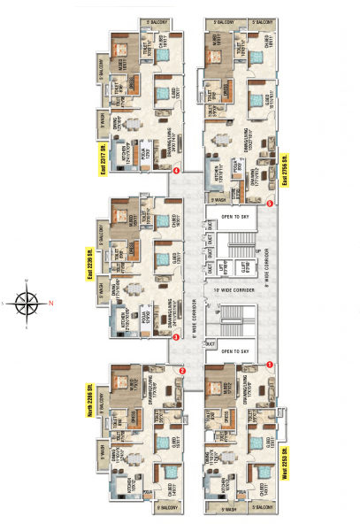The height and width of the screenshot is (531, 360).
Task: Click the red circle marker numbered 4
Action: pos(178,170)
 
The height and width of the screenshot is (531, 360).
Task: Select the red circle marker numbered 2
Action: pos(183,371)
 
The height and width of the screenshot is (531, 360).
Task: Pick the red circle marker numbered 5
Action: pos(269,204)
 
